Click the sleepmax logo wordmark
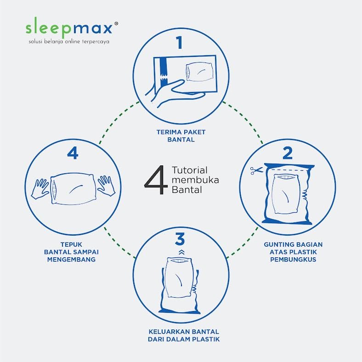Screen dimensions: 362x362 tap(68, 28)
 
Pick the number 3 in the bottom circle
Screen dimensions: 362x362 tap(180, 239)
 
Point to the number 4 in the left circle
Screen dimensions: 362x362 tap(73, 153)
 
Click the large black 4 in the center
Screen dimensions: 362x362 tap(155, 180)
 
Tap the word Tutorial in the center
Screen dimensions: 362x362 tap(189, 169)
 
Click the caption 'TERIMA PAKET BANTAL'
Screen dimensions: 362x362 tap(180, 136)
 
